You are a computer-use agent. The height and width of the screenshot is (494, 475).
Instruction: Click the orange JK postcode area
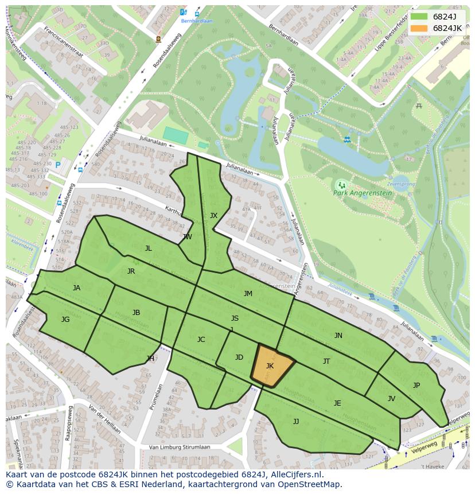point(271,365)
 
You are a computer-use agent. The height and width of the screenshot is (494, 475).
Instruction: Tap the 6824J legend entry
point(437,16)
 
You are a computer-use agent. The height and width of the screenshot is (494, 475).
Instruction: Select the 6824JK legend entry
point(437,28)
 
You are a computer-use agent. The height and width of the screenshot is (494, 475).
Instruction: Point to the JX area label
point(213,216)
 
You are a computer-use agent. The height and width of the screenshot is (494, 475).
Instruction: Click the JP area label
point(416,385)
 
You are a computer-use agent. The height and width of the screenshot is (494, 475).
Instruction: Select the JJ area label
point(295,421)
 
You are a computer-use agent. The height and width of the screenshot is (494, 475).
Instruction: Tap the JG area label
point(65,319)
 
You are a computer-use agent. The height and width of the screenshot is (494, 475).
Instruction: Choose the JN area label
point(338,335)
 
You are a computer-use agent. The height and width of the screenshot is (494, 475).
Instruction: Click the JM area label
point(248,293)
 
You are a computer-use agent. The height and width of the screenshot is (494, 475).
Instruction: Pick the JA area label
point(76,287)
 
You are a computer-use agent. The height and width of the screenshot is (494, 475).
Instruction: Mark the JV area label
point(391,398)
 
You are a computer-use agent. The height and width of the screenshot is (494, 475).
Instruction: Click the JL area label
point(148,248)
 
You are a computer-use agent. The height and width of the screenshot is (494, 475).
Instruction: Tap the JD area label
point(239,357)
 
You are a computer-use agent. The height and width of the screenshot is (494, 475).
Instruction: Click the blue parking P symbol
point(58,165)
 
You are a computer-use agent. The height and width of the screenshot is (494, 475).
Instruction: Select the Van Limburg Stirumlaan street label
point(179,447)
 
